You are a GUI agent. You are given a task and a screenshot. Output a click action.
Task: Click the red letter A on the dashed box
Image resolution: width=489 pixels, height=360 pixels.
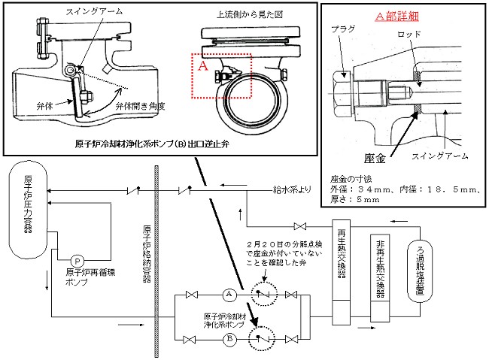[x=202, y=66]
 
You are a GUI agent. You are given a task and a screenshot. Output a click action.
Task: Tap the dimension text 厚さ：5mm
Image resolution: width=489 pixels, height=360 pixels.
[x=353, y=202]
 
